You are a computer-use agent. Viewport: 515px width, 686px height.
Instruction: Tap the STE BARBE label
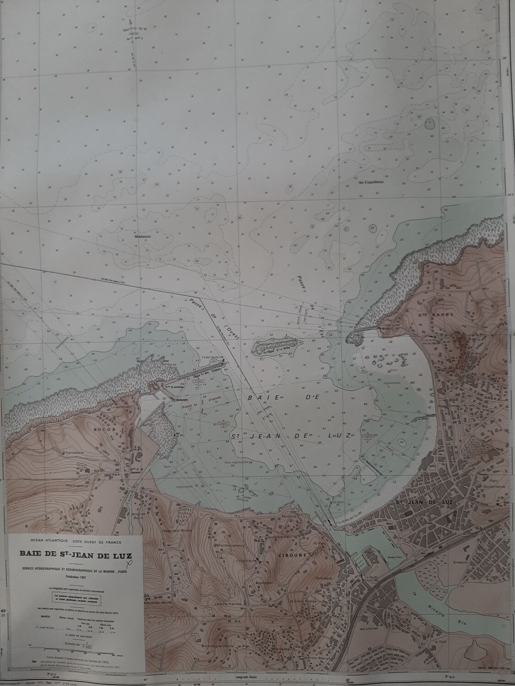click(428, 315)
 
